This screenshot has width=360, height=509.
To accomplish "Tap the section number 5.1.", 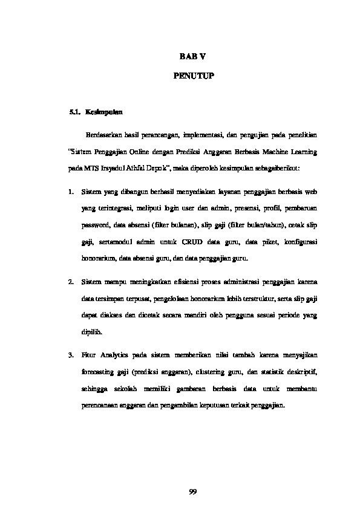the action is point(75,112).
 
